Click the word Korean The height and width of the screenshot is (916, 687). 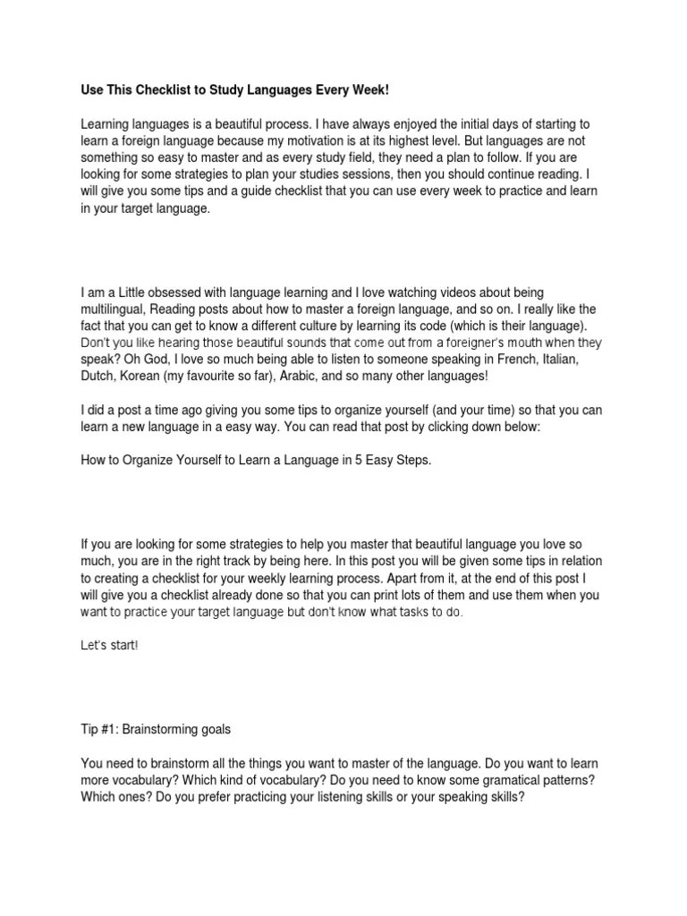[x=140, y=376]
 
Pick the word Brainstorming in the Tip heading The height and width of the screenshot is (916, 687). [x=161, y=729]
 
